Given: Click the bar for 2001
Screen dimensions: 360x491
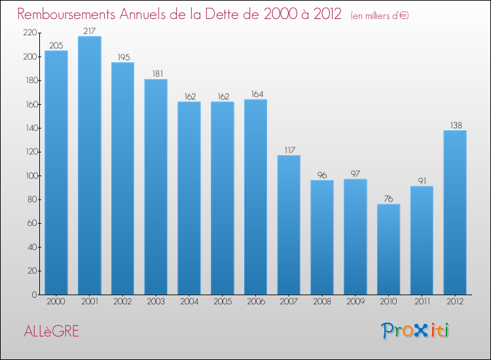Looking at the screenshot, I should click(x=89, y=166).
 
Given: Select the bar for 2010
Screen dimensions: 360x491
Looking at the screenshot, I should click(x=388, y=249).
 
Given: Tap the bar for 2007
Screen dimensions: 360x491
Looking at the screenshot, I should click(x=289, y=225).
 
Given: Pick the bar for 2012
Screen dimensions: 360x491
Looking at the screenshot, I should click(x=455, y=212).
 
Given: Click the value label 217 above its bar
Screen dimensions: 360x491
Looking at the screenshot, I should click(x=89, y=31).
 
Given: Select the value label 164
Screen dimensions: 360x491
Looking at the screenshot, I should click(x=255, y=94).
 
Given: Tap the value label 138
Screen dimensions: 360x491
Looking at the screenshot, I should click(x=455, y=124).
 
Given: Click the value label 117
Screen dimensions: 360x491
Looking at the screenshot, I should click(x=289, y=150).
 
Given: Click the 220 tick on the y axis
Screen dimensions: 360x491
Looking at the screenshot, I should click(x=28, y=33).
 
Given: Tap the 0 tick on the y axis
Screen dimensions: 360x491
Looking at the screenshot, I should click(x=34, y=295).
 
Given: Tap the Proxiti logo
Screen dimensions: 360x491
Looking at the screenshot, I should click(x=415, y=331).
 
